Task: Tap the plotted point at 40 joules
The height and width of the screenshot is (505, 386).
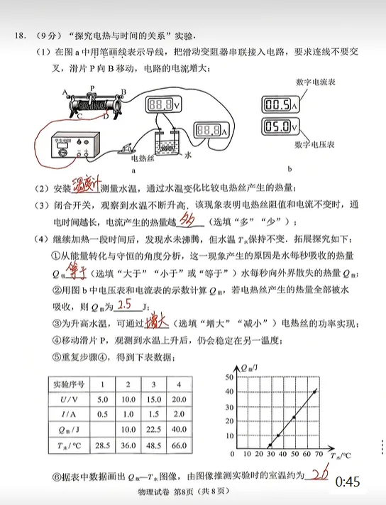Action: pos(314,390)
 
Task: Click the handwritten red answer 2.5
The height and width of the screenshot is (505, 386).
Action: pos(126,305)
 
